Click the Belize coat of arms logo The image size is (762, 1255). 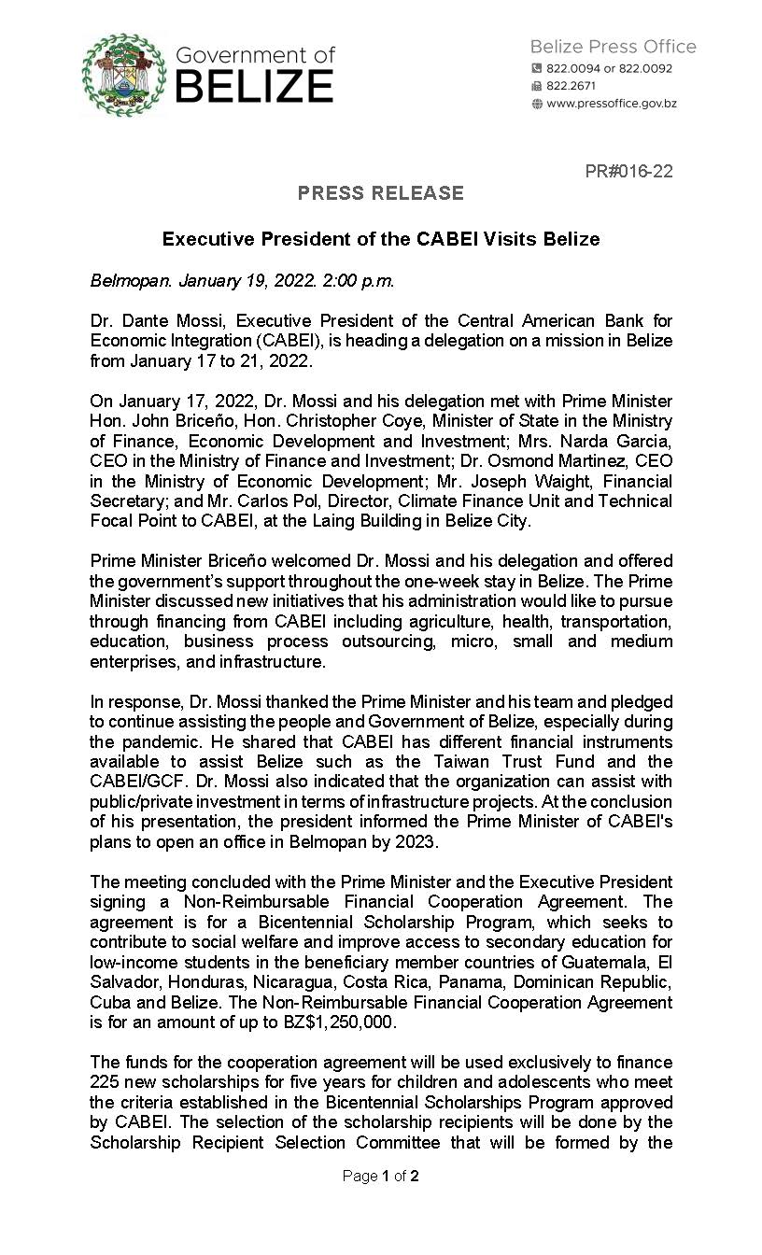(121, 74)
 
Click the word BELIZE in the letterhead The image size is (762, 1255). (254, 87)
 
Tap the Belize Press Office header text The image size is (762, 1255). (613, 47)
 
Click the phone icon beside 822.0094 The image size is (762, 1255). (536, 68)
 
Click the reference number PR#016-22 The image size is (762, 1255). (628, 172)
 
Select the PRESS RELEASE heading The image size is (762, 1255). (380, 193)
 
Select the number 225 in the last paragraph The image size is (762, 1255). (105, 1082)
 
